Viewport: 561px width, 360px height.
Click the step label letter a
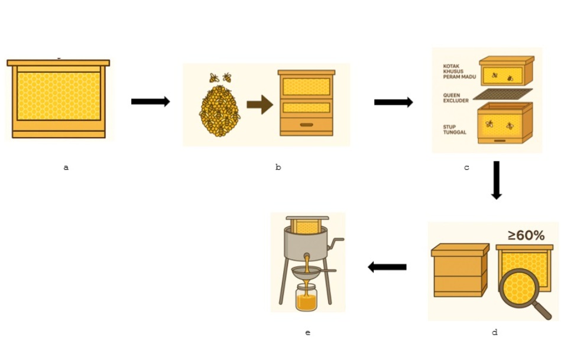[x=66, y=168]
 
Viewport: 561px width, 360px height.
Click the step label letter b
[x=278, y=168]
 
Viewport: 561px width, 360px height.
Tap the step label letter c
[x=466, y=168]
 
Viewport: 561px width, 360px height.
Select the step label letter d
[x=494, y=333]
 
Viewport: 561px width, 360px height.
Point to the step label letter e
[x=307, y=333]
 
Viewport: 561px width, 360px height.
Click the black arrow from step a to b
[x=150, y=102]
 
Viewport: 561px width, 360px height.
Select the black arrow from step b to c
[x=393, y=102]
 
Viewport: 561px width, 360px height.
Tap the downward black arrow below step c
[x=497, y=180]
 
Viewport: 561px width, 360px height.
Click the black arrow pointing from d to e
[x=387, y=267]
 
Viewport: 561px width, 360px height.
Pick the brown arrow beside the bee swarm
[x=259, y=105]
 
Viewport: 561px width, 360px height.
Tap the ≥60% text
[x=526, y=235]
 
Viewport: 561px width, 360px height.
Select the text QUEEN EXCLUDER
[x=455, y=98]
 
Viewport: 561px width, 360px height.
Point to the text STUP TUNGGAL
[x=454, y=129]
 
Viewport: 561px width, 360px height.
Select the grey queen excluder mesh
[x=502, y=94]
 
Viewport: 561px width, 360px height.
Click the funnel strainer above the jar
[x=307, y=273]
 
